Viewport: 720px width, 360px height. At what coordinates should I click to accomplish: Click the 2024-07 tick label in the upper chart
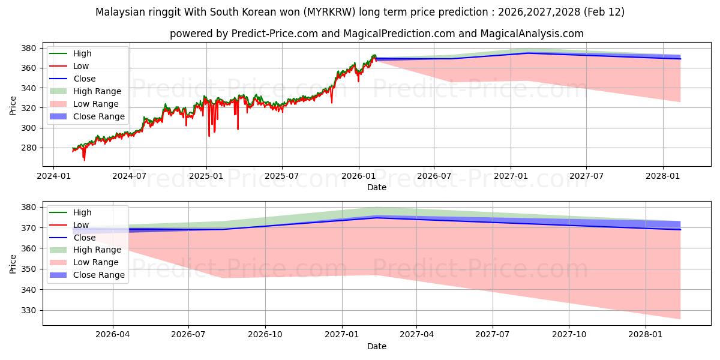tap(130, 176)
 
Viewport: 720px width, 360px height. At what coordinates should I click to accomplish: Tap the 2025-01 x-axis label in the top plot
tap(206, 176)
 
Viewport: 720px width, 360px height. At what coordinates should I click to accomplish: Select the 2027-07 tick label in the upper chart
tap(586, 176)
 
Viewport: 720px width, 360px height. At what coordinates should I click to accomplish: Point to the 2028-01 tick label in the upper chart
tap(663, 176)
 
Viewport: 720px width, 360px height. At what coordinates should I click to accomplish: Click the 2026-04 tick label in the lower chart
tap(113, 335)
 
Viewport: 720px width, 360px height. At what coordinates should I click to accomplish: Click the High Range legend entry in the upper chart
tap(97, 91)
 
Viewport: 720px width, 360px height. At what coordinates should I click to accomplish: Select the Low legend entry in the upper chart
tap(81, 66)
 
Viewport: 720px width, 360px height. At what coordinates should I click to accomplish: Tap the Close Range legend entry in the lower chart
tap(99, 275)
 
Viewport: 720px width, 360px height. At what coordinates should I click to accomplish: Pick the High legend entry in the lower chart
tap(82, 212)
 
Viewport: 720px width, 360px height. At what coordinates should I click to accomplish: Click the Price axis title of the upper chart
tap(13, 106)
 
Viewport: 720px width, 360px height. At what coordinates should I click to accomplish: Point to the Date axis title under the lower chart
tap(377, 346)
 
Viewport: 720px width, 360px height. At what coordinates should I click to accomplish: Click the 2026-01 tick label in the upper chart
tap(359, 176)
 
